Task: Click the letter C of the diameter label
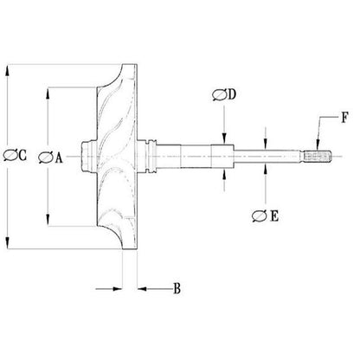click(22, 155)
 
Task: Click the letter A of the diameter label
click(59, 157)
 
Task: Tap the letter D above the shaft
click(232, 94)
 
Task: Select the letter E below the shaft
click(274, 215)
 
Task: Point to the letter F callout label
click(344, 118)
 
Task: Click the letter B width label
click(177, 288)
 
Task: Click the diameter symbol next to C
click(10, 155)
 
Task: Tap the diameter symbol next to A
click(46, 157)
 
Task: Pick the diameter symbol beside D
click(220, 95)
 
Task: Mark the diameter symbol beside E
click(260, 216)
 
